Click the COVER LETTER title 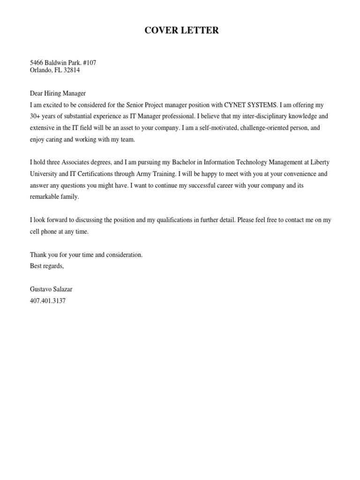click(181, 31)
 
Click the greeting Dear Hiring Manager click(58, 93)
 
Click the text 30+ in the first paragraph click(36, 117)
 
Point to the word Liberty click(319, 162)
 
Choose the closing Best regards click(47, 266)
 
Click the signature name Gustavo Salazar click(52, 290)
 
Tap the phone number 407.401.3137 click(48, 301)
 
